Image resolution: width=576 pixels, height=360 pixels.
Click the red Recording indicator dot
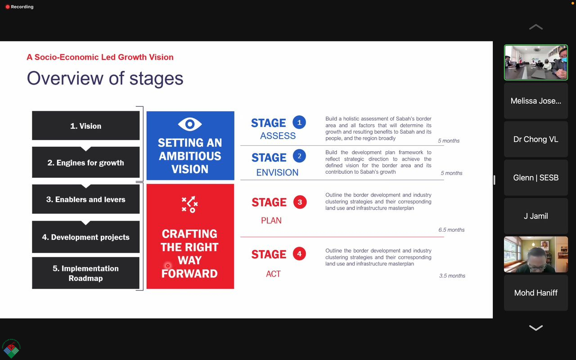pyautogui.click(x=8, y=7)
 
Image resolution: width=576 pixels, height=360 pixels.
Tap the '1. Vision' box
pyautogui.click(x=85, y=126)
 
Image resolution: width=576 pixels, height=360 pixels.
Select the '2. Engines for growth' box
pyautogui.click(x=85, y=162)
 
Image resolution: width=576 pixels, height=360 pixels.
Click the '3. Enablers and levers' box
pyautogui.click(x=85, y=199)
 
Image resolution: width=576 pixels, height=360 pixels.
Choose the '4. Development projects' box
pyautogui.click(x=85, y=237)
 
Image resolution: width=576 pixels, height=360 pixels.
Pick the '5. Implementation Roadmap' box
pyautogui.click(x=85, y=273)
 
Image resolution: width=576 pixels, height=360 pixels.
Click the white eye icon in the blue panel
pyautogui.click(x=190, y=124)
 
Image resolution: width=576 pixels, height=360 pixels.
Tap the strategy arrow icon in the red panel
pyautogui.click(x=190, y=204)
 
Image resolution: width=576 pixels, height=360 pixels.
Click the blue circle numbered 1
pyautogui.click(x=299, y=122)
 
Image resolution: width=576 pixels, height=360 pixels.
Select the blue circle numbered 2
pyautogui.click(x=299, y=156)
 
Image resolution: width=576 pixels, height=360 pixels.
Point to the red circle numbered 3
pyautogui.click(x=300, y=202)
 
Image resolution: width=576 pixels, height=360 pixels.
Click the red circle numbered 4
pyautogui.click(x=299, y=254)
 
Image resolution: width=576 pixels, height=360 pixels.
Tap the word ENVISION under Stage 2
pyautogui.click(x=277, y=172)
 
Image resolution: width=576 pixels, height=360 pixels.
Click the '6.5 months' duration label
pyautogui.click(x=451, y=229)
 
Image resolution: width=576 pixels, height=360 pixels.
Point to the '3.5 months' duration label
pyautogui.click(x=452, y=276)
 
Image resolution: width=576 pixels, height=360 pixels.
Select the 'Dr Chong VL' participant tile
pyautogui.click(x=536, y=139)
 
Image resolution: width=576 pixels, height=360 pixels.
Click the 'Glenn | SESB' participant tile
pyautogui.click(x=536, y=177)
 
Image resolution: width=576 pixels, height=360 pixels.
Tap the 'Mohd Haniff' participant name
pyautogui.click(x=536, y=292)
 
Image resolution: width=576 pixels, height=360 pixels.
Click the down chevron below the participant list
pyautogui.click(x=536, y=328)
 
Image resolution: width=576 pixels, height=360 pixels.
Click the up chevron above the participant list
pyautogui.click(x=536, y=27)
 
